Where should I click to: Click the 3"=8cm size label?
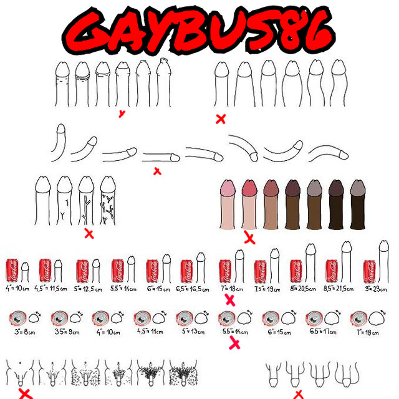click(x=22, y=332)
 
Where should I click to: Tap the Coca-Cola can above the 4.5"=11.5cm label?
click(x=46, y=271)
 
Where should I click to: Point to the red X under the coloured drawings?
click(x=249, y=238)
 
